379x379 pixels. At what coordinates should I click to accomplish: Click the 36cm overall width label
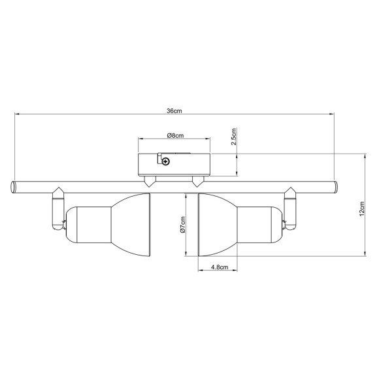coord(174,111)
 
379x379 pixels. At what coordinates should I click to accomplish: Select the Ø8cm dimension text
coord(174,135)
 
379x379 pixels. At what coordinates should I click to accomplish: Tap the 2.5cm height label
coord(234,139)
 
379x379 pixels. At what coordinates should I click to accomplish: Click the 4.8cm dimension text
coord(219,267)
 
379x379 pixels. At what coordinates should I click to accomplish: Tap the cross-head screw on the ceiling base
coord(167,161)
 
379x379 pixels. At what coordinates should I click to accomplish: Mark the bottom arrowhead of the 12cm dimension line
coord(364,254)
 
